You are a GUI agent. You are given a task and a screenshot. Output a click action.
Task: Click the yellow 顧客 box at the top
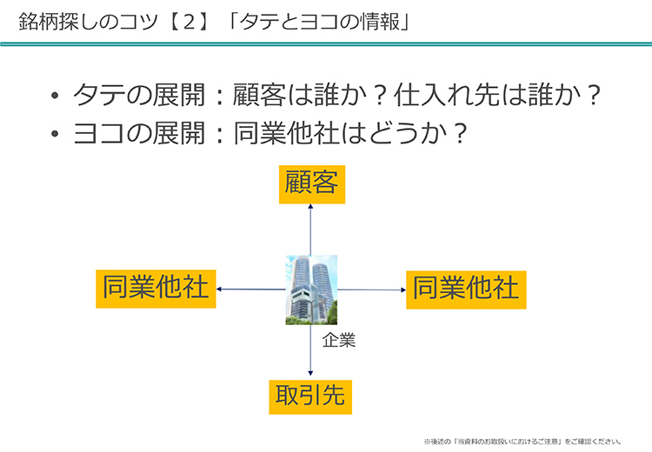pyautogui.click(x=311, y=184)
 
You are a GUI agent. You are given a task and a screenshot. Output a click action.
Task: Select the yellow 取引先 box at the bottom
pyautogui.click(x=311, y=395)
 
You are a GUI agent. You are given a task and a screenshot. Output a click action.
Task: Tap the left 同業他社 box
pyautogui.click(x=156, y=288)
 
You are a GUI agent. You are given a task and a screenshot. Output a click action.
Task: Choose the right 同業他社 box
pyautogui.click(x=466, y=288)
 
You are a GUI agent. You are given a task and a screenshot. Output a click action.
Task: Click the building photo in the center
pyautogui.click(x=311, y=289)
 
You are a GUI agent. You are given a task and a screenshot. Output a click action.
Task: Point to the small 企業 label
pyautogui.click(x=339, y=341)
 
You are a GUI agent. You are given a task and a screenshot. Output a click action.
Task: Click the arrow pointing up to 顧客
pyautogui.click(x=311, y=229)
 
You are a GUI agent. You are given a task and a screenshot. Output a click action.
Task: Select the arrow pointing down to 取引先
pyautogui.click(x=311, y=351)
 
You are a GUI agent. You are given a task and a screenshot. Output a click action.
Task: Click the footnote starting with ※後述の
pyautogui.click(x=522, y=442)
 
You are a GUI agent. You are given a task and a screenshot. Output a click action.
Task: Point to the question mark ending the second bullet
pyautogui.click(x=460, y=134)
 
